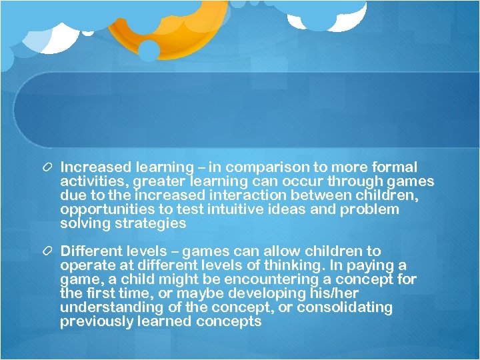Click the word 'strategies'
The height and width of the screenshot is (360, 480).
click(151, 223)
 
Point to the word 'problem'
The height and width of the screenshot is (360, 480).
click(369, 209)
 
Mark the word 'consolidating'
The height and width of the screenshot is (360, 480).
click(345, 307)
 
